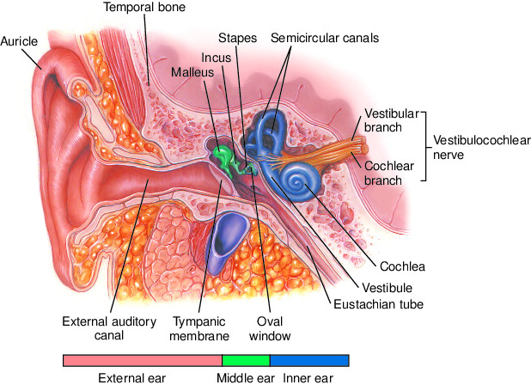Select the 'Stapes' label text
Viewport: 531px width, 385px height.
[235, 39]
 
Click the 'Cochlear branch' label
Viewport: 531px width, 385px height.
[390, 173]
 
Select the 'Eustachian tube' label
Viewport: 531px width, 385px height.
[380, 303]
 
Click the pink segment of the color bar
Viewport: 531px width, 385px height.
[143, 360]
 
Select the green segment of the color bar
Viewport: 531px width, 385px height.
[246, 360]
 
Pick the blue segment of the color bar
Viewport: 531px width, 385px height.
[309, 360]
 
